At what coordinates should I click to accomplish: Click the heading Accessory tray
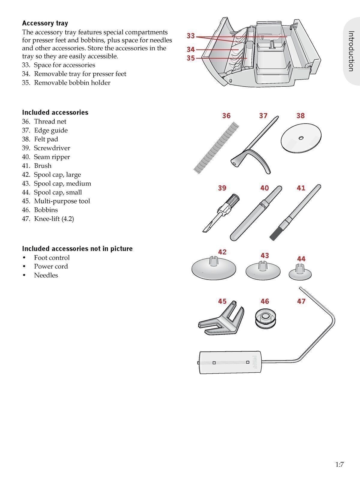click(45, 23)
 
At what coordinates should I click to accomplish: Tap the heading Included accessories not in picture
click(77, 248)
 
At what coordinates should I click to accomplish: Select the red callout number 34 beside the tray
click(190, 49)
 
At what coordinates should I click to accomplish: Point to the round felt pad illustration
click(301, 138)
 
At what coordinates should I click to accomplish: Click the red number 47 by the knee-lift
click(301, 301)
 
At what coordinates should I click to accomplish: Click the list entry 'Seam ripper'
click(52, 157)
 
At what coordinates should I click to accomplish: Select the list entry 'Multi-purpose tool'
click(62, 201)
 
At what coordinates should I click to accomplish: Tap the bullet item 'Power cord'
click(51, 266)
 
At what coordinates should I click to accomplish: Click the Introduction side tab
click(351, 51)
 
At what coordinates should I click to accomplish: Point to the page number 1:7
click(339, 465)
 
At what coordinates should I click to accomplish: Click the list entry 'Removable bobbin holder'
click(72, 82)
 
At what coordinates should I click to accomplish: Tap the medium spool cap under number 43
click(263, 270)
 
